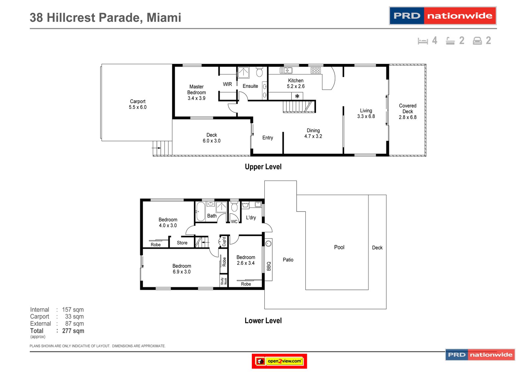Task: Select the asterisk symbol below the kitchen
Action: click(x=297, y=96)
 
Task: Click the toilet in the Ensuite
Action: click(x=259, y=72)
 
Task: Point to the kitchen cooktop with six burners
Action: click(x=316, y=70)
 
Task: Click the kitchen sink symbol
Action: click(x=286, y=70)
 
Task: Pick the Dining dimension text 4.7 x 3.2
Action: click(x=313, y=136)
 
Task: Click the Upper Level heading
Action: click(x=263, y=167)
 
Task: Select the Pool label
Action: click(x=339, y=247)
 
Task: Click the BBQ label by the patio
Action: click(x=269, y=266)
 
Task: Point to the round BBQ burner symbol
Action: click(x=268, y=243)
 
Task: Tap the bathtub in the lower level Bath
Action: click(x=201, y=211)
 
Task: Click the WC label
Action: click(x=234, y=222)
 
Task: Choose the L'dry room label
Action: click(x=251, y=217)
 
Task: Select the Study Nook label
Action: click(x=224, y=281)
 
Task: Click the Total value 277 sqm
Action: click(x=73, y=331)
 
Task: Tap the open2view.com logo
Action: click(x=279, y=361)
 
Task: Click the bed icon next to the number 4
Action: click(x=423, y=41)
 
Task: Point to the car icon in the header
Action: click(x=477, y=41)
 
